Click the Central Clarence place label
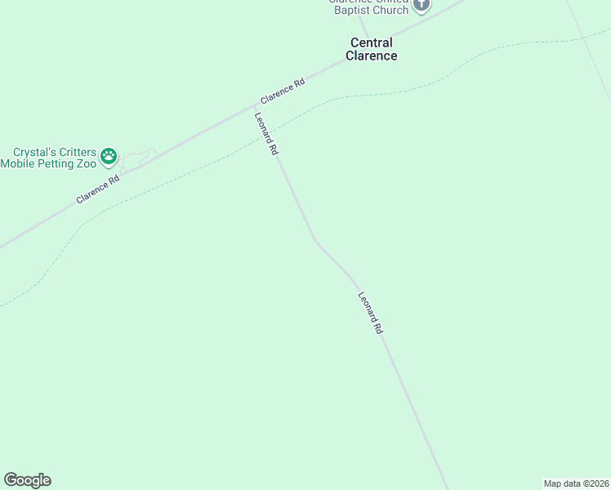pyautogui.click(x=371, y=49)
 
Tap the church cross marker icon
pyautogui.click(x=421, y=5)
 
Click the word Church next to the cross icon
pyautogui.click(x=390, y=10)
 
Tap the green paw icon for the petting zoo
pyautogui.click(x=109, y=155)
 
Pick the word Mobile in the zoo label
pyautogui.click(x=18, y=163)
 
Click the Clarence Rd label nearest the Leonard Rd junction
pyautogui.click(x=283, y=91)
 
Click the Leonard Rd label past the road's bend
pyautogui.click(x=370, y=314)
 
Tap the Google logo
pyautogui.click(x=27, y=480)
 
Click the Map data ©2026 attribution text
pyautogui.click(x=576, y=483)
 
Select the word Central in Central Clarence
pyautogui.click(x=371, y=42)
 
